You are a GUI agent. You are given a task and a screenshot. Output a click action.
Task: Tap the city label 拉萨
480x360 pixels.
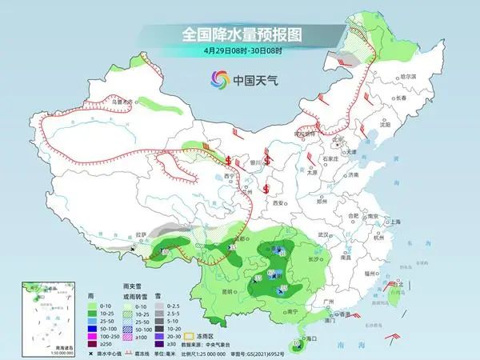141,235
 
